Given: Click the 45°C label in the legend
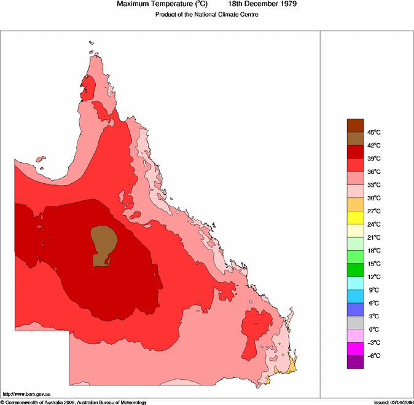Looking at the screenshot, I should (x=374, y=133).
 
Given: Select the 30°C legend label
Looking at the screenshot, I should (x=374, y=199).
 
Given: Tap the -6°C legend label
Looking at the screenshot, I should (x=373, y=356).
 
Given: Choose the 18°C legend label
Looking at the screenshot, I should (x=374, y=251).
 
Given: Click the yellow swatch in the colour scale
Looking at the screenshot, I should (x=356, y=217).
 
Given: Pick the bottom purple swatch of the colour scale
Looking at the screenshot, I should (x=356, y=362).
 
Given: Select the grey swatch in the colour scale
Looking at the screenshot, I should (x=356, y=323).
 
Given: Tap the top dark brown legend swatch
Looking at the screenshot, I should (x=356, y=125).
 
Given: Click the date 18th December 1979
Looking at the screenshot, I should (x=263, y=4).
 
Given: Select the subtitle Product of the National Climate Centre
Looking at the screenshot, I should (x=206, y=14).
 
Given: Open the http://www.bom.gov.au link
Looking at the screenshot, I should (x=26, y=394).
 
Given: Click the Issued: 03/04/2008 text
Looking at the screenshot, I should (x=393, y=402).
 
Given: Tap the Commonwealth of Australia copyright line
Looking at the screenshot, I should (x=74, y=402).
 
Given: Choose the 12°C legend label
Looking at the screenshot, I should (x=374, y=277).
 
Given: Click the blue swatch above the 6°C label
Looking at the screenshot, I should (x=356, y=296).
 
